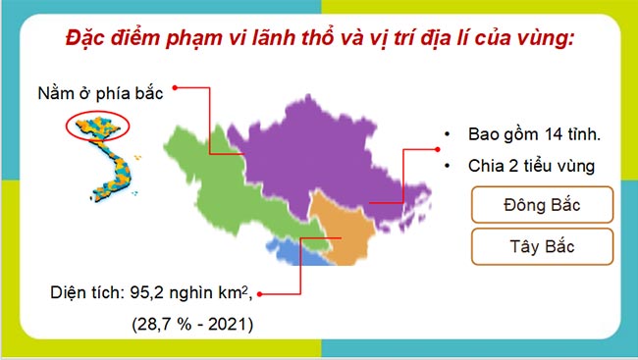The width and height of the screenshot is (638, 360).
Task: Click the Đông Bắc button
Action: point(542,206)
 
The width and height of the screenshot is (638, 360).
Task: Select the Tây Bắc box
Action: point(542,246)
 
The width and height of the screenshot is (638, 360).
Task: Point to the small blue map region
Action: point(294,254)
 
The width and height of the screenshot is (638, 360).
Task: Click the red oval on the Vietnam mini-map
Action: point(98,126)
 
